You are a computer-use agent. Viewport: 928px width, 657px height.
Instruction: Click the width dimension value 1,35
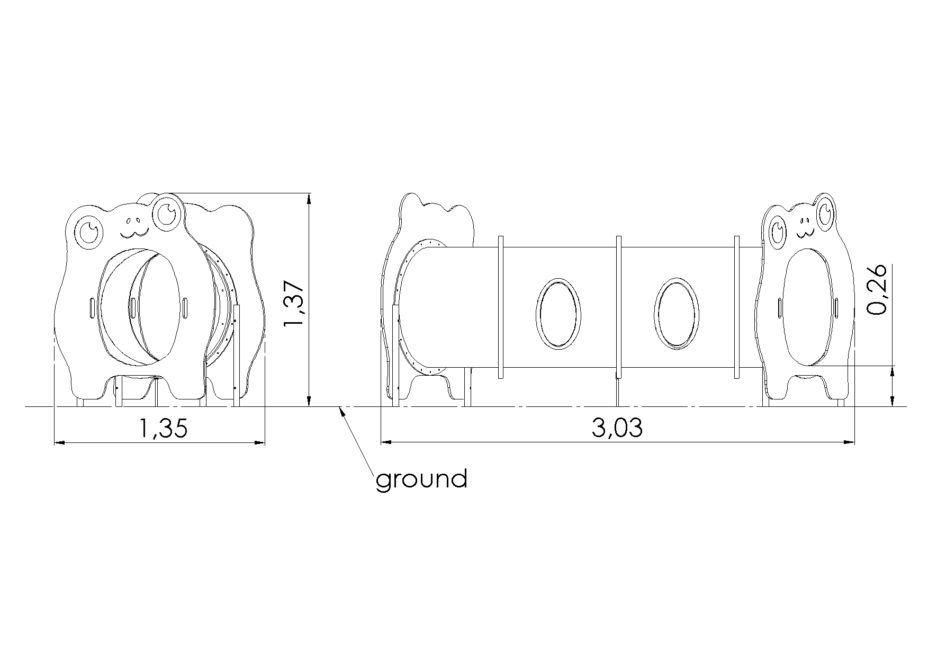(x=163, y=428)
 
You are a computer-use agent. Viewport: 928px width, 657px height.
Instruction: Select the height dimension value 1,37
(x=295, y=305)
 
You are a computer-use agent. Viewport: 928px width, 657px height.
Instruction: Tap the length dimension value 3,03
(x=617, y=428)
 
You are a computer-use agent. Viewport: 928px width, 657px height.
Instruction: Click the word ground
(x=421, y=480)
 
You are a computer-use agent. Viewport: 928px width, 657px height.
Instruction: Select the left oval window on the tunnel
(x=557, y=313)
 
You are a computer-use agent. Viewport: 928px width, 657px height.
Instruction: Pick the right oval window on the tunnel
(x=676, y=313)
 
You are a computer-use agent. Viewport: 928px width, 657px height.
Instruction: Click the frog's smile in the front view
(x=133, y=233)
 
